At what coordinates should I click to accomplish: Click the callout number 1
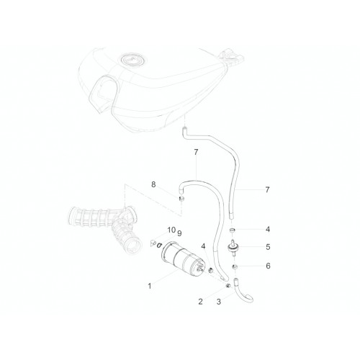pos(150,286)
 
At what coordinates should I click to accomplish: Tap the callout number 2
pos(200,302)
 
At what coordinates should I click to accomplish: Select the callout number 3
pos(219,302)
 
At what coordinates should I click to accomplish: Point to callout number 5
pos(268,247)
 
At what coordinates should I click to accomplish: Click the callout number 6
pos(268,266)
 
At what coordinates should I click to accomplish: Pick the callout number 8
pos(153,184)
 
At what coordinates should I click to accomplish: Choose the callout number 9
pos(179,233)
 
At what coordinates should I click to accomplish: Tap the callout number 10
pos(171,230)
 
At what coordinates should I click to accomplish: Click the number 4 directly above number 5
pos(268,230)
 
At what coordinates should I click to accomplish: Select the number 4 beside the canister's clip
pos(204,246)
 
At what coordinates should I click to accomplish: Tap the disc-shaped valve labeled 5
pos(233,248)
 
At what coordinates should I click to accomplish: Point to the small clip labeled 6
pos(234,266)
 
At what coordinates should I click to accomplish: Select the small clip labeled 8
pos(181,198)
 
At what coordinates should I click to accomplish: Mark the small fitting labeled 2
pos(228,286)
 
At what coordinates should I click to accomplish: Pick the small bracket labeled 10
pos(153,243)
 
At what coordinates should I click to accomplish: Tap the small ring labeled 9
pos(159,246)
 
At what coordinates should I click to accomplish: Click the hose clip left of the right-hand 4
pos(232,230)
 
